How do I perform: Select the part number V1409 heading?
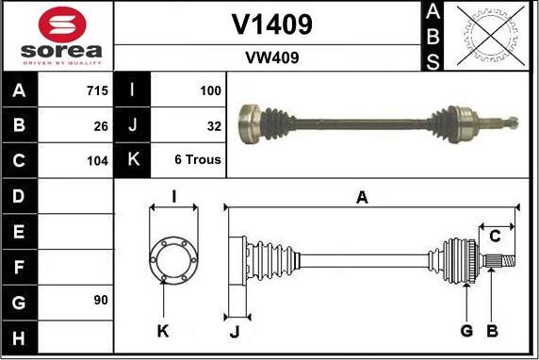pos(271,24)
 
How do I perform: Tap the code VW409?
pos(271,57)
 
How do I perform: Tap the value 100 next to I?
pos(210,91)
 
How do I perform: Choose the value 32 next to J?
pos(214,125)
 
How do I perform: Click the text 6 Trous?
pos(198,159)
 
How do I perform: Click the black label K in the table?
pos(133,159)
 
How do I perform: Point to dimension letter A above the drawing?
pos(361,197)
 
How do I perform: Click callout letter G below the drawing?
pos(466,330)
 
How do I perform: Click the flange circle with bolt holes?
pos(173,256)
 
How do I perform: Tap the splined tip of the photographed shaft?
pos(510,122)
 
